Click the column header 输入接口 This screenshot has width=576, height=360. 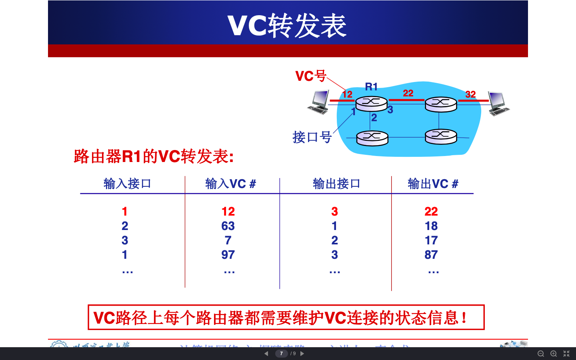127,184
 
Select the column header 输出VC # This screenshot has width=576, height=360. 433,184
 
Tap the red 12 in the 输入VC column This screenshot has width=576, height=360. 228,212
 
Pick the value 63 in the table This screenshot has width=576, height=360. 228,226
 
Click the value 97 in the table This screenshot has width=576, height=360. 228,255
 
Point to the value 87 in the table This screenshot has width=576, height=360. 431,255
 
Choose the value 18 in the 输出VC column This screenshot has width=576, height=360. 431,226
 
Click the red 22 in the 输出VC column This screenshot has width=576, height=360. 431,212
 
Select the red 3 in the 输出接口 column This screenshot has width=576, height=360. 334,212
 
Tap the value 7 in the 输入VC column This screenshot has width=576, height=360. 228,240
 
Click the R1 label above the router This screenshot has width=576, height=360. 371,87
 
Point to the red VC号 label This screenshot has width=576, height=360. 311,76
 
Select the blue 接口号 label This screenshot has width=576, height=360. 312,137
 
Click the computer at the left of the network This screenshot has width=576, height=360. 319,102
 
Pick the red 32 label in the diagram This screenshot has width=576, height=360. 470,94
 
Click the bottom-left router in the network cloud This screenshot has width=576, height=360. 372,138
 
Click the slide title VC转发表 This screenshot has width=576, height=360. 287,26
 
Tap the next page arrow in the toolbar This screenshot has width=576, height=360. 302,354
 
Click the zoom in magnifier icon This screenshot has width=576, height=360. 554,354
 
